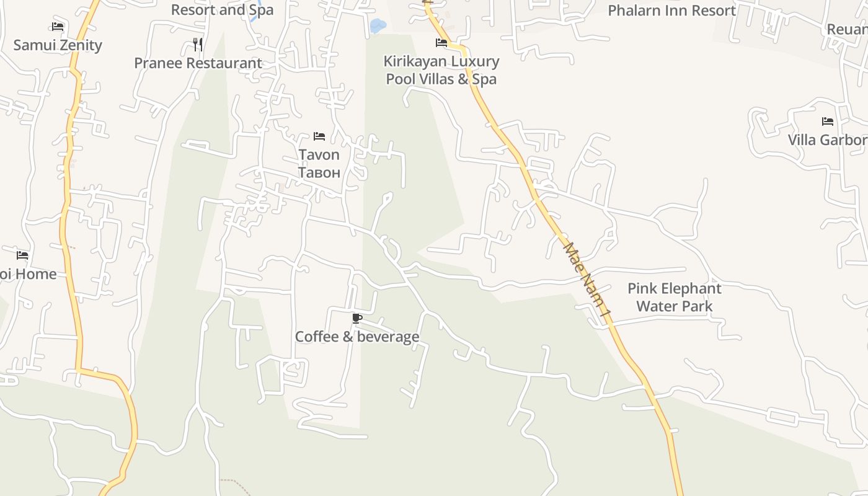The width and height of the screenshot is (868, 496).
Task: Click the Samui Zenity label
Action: coord(58,45)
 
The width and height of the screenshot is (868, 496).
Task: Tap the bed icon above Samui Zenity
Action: coord(58,27)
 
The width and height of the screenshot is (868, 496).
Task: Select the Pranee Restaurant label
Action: coord(198,63)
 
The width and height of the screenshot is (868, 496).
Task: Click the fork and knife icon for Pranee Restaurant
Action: coord(198,44)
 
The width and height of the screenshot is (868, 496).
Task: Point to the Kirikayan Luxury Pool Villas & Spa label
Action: coord(441,70)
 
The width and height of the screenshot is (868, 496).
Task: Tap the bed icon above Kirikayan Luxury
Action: coord(441,43)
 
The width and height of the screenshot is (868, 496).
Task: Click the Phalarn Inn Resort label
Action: coord(671,11)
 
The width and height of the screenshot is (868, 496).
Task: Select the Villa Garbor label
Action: coord(828,140)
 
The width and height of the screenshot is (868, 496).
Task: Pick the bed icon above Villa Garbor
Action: coord(827,122)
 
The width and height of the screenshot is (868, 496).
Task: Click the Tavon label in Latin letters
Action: coord(319,154)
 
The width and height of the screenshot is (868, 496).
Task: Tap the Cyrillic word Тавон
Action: coord(319,172)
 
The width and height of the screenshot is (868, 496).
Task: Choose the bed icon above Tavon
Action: coord(319,136)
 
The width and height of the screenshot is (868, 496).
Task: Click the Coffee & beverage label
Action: coord(357,337)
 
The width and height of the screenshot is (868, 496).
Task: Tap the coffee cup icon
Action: coord(356,319)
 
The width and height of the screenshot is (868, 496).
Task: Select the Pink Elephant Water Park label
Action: coord(675,297)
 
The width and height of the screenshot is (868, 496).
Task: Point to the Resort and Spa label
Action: coord(222,10)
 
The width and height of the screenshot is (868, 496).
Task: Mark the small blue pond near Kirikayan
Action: coord(377,26)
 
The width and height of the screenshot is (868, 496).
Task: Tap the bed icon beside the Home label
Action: coord(22,255)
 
